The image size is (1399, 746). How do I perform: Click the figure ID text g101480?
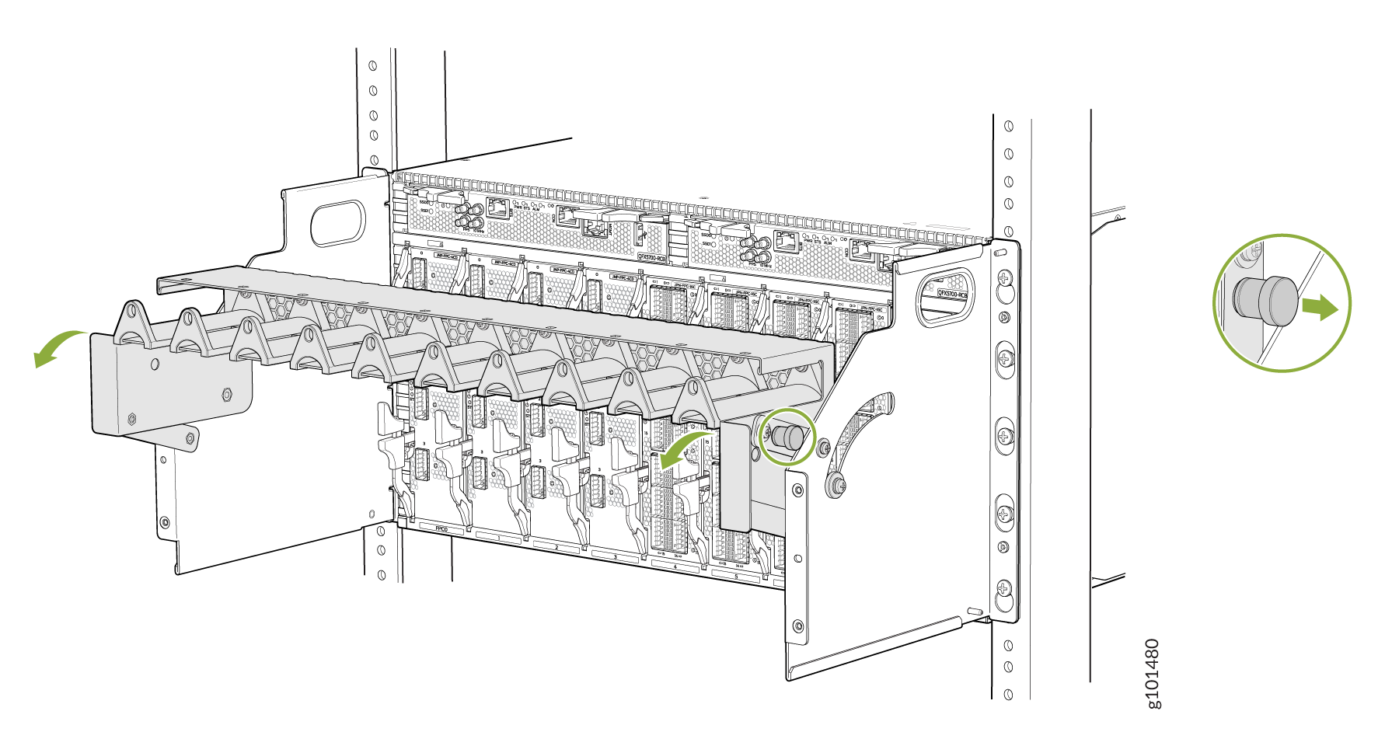click(x=1154, y=673)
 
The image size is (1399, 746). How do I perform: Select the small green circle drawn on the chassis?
click(x=787, y=437)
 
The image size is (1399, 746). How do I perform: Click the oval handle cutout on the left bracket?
click(x=337, y=223)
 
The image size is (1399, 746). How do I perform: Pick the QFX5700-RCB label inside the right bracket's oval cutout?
click(x=953, y=294)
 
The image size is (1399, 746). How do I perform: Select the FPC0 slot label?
click(x=441, y=529)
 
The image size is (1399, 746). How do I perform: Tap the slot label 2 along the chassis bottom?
click(x=556, y=548)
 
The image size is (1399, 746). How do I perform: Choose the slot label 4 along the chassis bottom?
click(x=675, y=567)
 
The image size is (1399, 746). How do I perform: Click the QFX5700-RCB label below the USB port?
click(x=651, y=256)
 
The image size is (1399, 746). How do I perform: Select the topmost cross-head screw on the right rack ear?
click(x=1004, y=277)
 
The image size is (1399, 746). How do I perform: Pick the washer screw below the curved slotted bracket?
click(x=836, y=486)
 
